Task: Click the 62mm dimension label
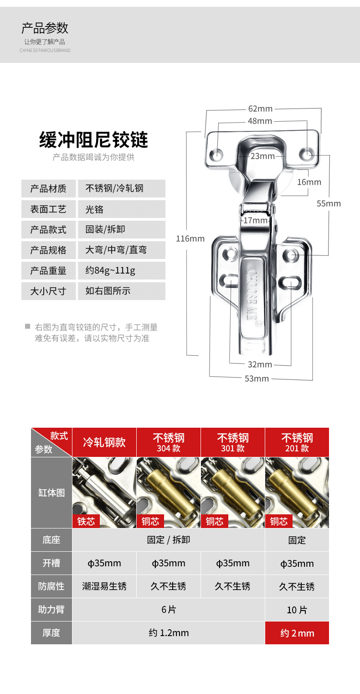260,109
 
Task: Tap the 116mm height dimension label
190,238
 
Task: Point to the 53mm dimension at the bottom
257,378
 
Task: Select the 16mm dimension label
309,182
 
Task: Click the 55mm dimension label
329,203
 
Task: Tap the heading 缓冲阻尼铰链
93,140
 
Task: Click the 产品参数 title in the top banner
45,28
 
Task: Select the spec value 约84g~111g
110,270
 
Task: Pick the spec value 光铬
94,209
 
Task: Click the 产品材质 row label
48,188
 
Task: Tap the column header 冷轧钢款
104,442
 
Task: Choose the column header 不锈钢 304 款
169,442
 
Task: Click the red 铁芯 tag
86,521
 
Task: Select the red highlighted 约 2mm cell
297,633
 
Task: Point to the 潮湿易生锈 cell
104,586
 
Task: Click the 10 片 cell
297,610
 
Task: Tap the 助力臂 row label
51,610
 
